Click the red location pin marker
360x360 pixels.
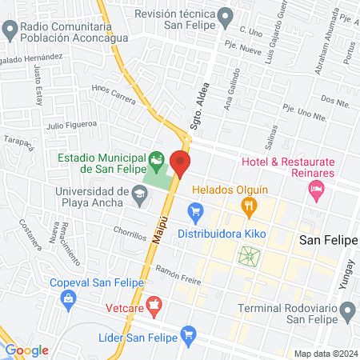click(x=180, y=166)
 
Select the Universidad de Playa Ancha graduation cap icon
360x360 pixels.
click(x=139, y=194)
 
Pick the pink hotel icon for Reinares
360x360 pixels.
click(x=317, y=190)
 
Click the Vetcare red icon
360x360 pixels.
click(x=154, y=304)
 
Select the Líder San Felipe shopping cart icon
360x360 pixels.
click(x=188, y=333)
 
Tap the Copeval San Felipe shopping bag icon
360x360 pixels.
click(x=68, y=298)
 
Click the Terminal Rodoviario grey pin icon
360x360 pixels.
click(x=347, y=310)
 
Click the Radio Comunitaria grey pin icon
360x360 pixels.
click(x=10, y=31)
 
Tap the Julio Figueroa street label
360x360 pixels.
click(x=71, y=124)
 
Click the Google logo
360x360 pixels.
click(x=27, y=350)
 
